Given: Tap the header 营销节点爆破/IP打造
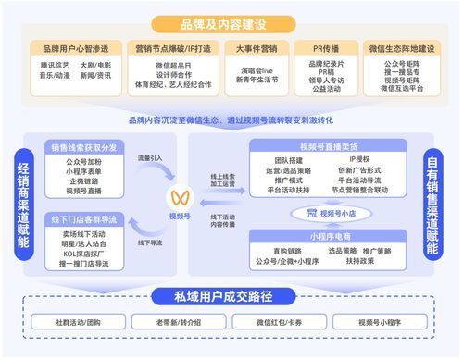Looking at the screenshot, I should pyautogui.click(x=171, y=46).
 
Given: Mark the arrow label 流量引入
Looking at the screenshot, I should pyautogui.click(x=149, y=157).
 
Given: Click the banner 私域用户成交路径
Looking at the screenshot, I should pyautogui.click(x=230, y=296).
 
